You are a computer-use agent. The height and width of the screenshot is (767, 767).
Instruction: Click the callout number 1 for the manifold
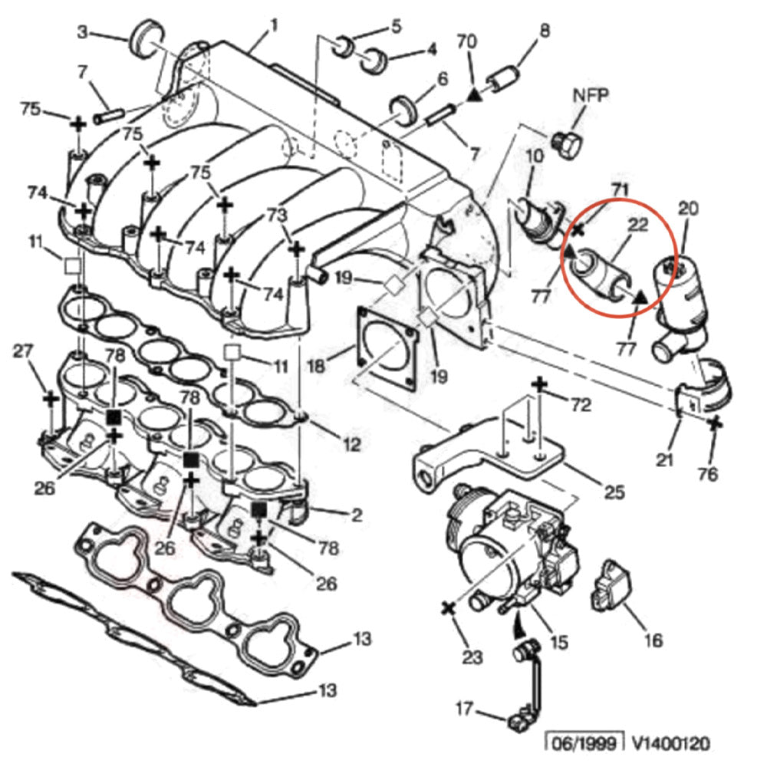(x=272, y=33)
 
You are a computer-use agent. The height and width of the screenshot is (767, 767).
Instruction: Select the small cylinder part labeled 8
(x=502, y=79)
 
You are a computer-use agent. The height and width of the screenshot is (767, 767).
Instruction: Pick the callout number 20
(x=688, y=207)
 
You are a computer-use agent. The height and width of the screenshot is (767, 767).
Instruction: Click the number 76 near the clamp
(x=707, y=474)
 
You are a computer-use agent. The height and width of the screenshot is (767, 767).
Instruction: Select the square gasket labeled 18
(x=386, y=350)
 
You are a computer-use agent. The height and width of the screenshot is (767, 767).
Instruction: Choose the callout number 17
(x=463, y=709)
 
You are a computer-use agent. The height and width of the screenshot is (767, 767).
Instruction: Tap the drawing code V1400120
(x=670, y=742)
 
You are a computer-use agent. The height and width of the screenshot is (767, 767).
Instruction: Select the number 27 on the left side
(x=25, y=352)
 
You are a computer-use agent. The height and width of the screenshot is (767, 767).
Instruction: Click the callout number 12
(x=351, y=444)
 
